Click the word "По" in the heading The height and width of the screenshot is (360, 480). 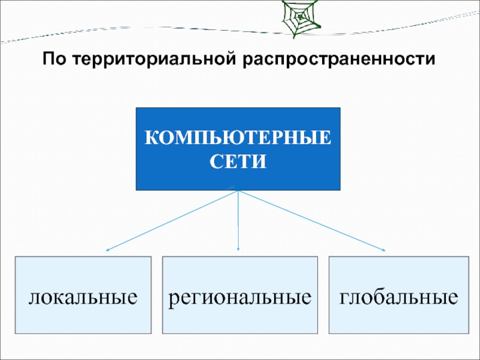[x=52, y=61]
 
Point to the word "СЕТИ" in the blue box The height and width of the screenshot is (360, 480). [x=238, y=161]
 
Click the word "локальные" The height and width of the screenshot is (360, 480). [x=83, y=296]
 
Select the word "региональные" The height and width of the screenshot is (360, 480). [x=239, y=296]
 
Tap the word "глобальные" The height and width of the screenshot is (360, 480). [x=398, y=296]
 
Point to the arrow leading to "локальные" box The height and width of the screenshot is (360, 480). [x=174, y=220]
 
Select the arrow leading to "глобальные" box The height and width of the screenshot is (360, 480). [x=312, y=220]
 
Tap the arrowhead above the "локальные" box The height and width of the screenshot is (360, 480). [x=109, y=249]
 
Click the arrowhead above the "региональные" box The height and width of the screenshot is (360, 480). [x=238, y=248]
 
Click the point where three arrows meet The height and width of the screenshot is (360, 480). [x=238, y=191]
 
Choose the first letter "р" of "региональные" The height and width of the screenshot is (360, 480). [x=173, y=298]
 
